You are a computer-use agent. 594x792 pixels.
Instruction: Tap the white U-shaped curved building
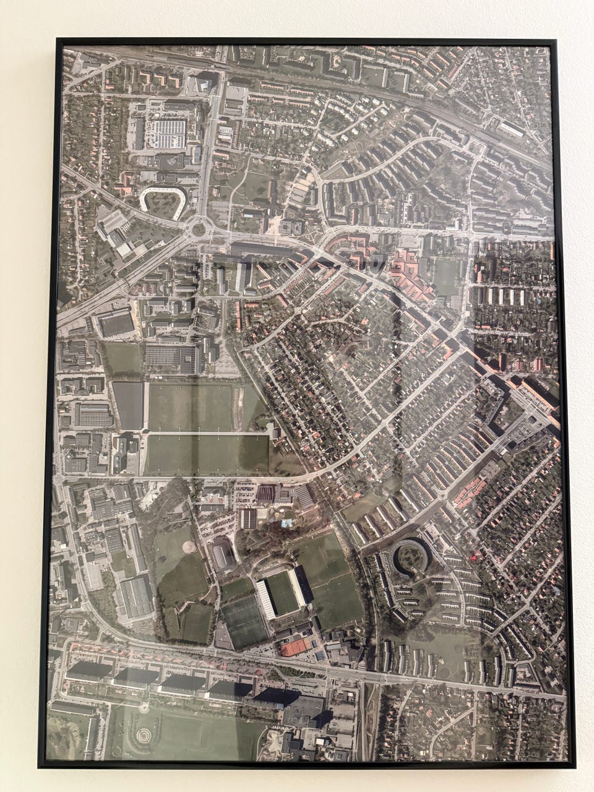tap(162, 193)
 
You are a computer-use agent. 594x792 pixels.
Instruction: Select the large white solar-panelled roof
tap(168, 134)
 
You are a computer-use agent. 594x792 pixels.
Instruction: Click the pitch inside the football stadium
tap(282, 593)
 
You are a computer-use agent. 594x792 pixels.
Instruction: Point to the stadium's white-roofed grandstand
tap(264, 599)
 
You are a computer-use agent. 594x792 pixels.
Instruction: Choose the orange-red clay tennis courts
tap(296, 647)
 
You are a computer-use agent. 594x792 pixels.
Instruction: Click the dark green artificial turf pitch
tap(244, 621)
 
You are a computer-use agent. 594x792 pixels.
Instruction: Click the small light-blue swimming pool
tap(286, 523)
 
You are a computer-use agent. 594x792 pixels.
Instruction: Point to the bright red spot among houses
tap(475, 557)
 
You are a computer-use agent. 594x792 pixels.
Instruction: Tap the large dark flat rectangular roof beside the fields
tap(128, 405)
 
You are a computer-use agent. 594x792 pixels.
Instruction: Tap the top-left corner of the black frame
tap(57, 40)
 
